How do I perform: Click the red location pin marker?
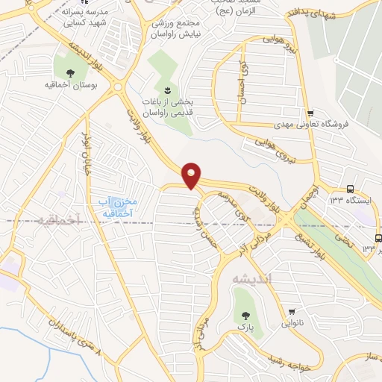[192, 175]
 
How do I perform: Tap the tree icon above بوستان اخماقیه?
[70, 73]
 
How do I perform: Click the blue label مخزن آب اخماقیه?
[115, 207]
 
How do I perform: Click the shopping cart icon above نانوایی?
[294, 311]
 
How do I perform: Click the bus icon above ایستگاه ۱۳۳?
[351, 190]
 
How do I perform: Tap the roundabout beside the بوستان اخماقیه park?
[118, 88]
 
